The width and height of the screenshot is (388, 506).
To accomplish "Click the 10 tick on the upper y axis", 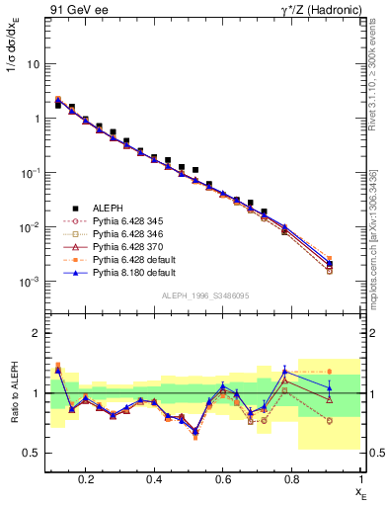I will [34, 64].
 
